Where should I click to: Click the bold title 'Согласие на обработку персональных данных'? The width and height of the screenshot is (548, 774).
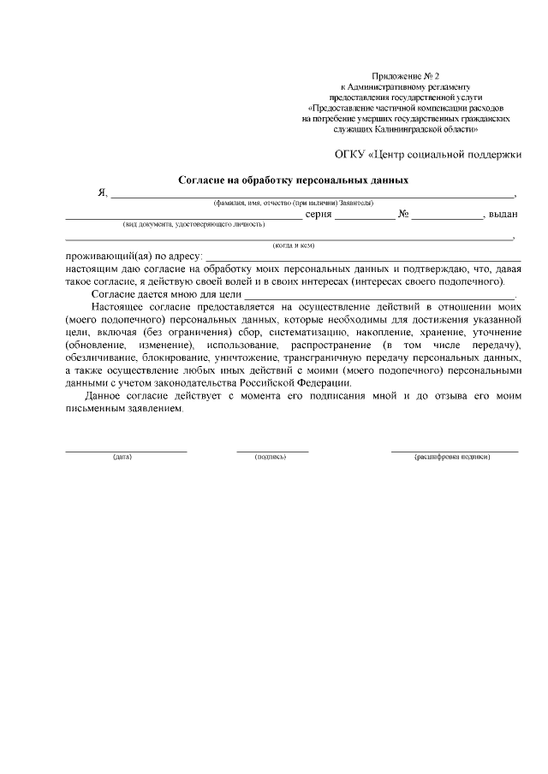click(293, 180)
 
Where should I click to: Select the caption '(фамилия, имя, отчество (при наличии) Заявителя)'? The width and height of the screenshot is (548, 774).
click(293, 203)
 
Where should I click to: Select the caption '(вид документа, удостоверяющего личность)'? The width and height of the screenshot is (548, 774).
click(194, 224)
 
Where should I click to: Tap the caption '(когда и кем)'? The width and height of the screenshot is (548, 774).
click(293, 245)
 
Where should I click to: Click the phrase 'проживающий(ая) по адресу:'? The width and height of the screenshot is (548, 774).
click(134, 257)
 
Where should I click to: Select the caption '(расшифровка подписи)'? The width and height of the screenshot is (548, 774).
click(452, 457)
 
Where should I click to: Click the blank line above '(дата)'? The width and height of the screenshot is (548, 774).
click(126, 448)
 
